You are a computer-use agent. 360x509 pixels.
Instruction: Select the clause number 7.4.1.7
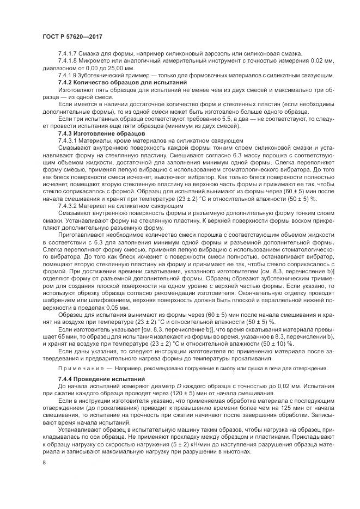(69, 53)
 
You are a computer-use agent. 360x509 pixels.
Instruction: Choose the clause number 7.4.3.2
(69, 207)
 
